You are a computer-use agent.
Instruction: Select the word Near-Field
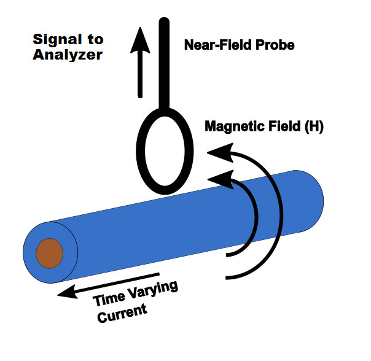[213, 44]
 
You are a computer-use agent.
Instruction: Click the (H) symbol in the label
[311, 128]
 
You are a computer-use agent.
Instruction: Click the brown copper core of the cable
[49, 253]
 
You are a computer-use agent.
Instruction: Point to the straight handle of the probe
[164, 61]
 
